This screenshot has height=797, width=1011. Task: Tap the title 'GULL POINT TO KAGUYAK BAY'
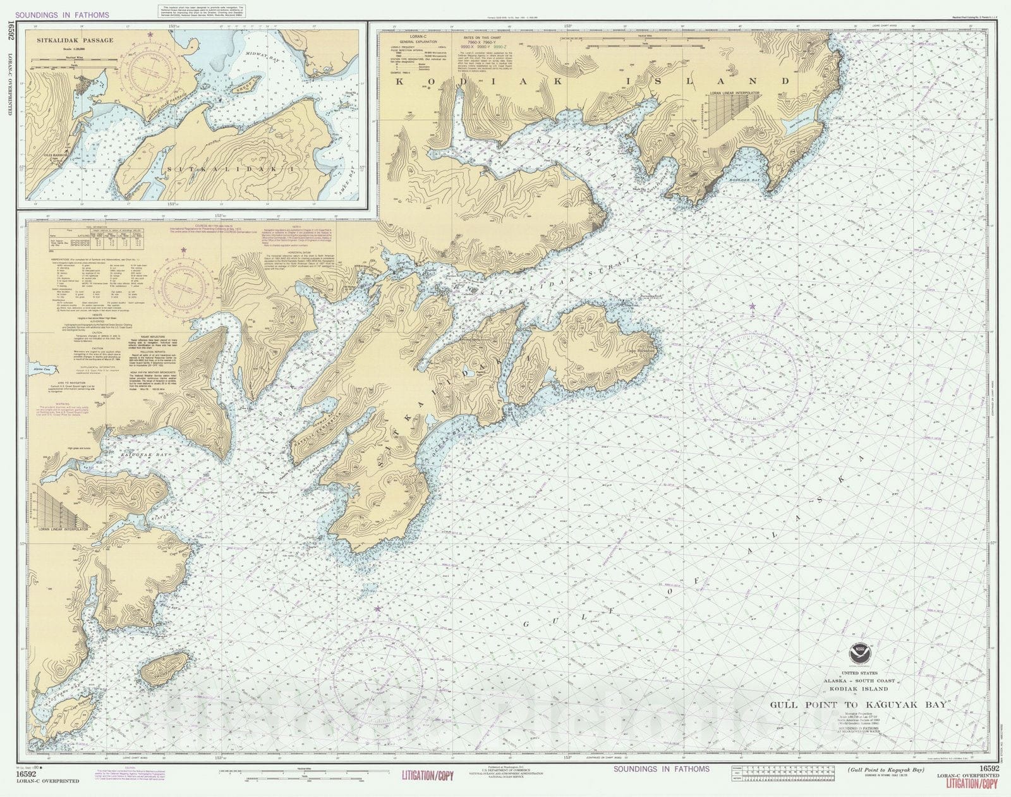click(857, 705)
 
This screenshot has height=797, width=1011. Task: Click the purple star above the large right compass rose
click(751, 307)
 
